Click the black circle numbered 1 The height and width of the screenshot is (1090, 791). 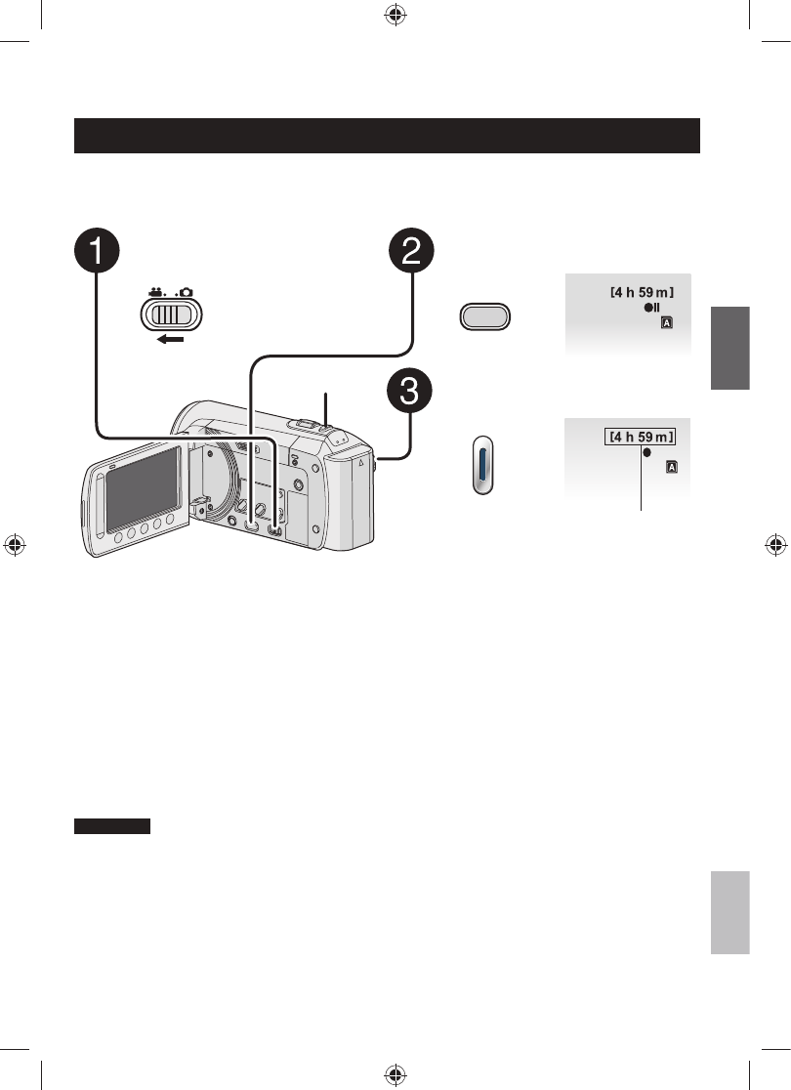(x=97, y=251)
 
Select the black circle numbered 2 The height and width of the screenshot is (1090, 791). (x=413, y=251)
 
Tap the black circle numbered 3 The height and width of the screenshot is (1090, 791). (x=413, y=394)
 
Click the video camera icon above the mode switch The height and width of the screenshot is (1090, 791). (x=153, y=290)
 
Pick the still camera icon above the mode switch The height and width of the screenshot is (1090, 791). (x=187, y=290)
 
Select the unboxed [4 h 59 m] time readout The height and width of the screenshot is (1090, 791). (x=644, y=290)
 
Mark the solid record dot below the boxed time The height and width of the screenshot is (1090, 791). (x=646, y=454)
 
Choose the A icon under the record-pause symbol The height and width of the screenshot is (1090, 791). (x=666, y=322)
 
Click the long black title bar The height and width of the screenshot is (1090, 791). (x=388, y=136)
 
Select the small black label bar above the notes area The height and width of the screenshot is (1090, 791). (x=112, y=826)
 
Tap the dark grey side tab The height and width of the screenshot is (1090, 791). (x=729, y=348)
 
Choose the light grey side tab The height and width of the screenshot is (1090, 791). (x=729, y=912)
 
